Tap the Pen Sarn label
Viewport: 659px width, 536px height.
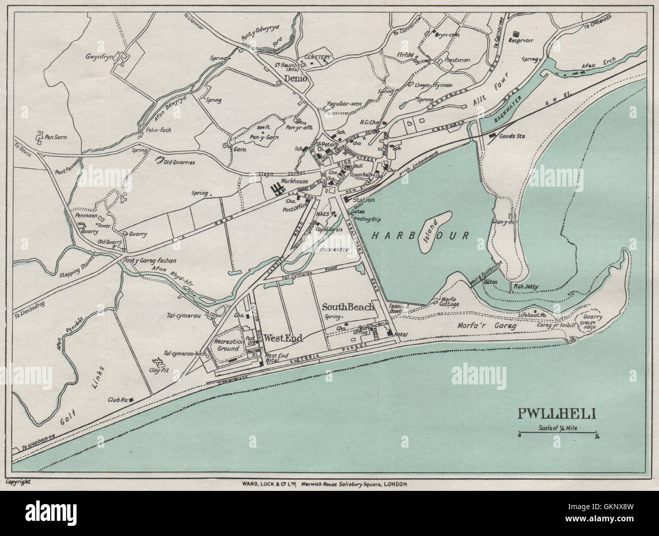[56, 137]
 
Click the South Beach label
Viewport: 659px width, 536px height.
[348, 307]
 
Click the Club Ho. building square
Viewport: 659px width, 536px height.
[131, 401]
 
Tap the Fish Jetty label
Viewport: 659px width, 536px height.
[526, 287]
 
